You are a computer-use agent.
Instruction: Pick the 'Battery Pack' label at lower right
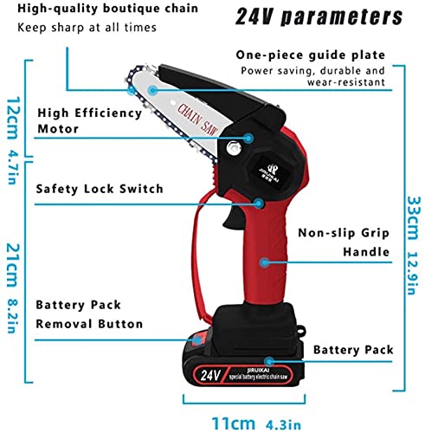click(353, 350)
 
